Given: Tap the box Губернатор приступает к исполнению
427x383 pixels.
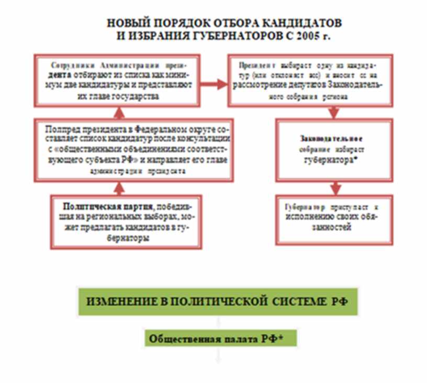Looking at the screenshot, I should [x=334, y=218].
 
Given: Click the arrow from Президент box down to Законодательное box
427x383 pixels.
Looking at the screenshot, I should [x=333, y=111].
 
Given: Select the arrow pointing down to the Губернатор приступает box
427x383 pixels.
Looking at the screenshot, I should [x=334, y=187].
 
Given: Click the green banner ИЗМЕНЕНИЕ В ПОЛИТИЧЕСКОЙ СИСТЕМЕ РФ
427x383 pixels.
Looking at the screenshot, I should [x=218, y=301].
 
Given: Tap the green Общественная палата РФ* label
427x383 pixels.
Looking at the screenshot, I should [x=220, y=339].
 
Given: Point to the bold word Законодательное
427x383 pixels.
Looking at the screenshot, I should [x=331, y=139].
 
